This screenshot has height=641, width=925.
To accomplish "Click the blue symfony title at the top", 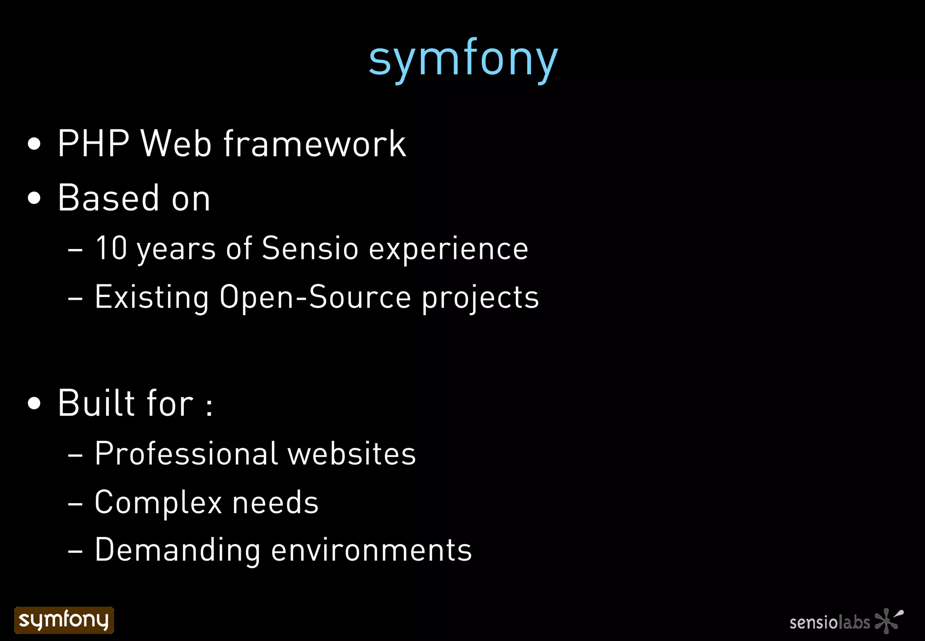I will pyautogui.click(x=463, y=59).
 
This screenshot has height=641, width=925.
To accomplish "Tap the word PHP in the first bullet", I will pyautogui.click(x=93, y=144).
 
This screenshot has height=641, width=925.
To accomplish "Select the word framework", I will pyautogui.click(x=315, y=144).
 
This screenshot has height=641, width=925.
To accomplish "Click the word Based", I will pyautogui.click(x=108, y=198).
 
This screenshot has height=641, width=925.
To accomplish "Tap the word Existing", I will pyautogui.click(x=152, y=297).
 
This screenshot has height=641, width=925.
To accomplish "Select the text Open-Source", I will pyautogui.click(x=315, y=297).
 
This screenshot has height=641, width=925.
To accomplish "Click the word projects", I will pyautogui.click(x=480, y=298).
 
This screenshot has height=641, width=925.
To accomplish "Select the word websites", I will pyautogui.click(x=351, y=453).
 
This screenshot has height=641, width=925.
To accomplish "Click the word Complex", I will pyautogui.click(x=158, y=502).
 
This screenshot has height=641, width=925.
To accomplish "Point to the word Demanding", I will pyautogui.click(x=178, y=550).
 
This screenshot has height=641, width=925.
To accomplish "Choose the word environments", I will pyautogui.click(x=371, y=550).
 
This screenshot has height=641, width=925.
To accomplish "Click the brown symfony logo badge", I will pyautogui.click(x=64, y=620).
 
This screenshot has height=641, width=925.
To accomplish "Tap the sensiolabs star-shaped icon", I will pyautogui.click(x=888, y=620).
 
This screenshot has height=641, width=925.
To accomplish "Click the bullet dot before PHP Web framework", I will pyautogui.click(x=34, y=145).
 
